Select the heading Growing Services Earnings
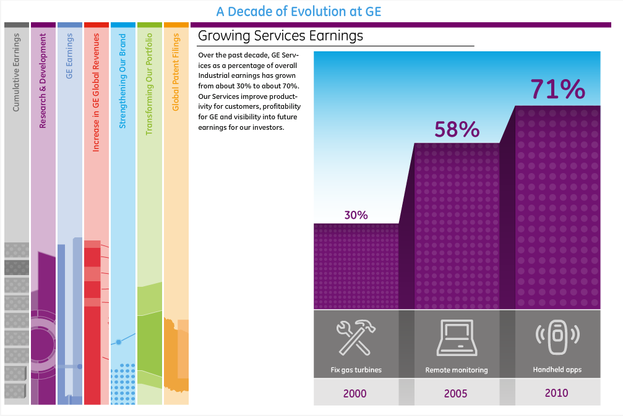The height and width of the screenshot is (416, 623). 280,36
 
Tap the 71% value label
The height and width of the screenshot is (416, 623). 557,90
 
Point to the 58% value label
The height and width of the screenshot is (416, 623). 457,129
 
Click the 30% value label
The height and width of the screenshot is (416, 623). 356,215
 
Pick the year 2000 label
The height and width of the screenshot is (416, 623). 355,393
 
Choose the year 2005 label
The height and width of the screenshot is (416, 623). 456,393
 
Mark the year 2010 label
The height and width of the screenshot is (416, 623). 557,393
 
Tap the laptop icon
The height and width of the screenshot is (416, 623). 456,338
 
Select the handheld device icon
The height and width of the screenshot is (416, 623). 557,335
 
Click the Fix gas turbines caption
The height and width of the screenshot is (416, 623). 356,370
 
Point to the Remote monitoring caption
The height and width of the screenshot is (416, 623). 457,370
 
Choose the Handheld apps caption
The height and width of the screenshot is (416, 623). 557,370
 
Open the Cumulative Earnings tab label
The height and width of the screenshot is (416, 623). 17,74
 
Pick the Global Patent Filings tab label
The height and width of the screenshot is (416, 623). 176,73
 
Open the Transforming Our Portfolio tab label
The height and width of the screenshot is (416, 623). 149,85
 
